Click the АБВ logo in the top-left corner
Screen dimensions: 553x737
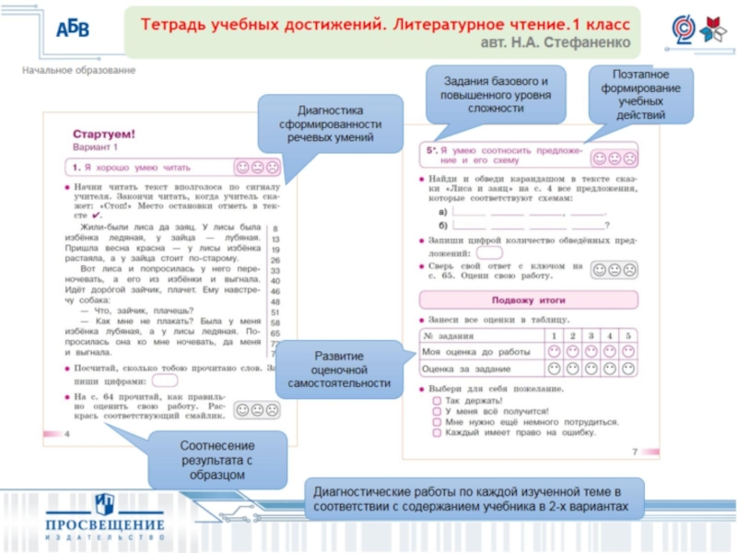tap(73, 28)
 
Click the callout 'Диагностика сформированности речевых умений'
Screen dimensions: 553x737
tap(329, 123)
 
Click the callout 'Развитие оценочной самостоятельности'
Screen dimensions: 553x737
tap(338, 369)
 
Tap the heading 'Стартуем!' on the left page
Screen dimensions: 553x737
tap(104, 135)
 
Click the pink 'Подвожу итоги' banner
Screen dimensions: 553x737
tap(528, 300)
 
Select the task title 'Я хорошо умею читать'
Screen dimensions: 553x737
tap(138, 168)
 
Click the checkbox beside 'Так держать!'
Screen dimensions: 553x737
tap(436, 401)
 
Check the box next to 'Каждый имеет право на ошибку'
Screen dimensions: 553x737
tap(436, 431)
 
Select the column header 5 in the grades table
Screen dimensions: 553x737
tap(627, 335)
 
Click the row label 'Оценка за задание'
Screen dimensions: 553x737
tap(464, 369)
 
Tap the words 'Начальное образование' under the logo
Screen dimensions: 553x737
tap(79, 70)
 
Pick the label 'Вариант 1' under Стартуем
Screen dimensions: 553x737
tap(97, 147)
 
